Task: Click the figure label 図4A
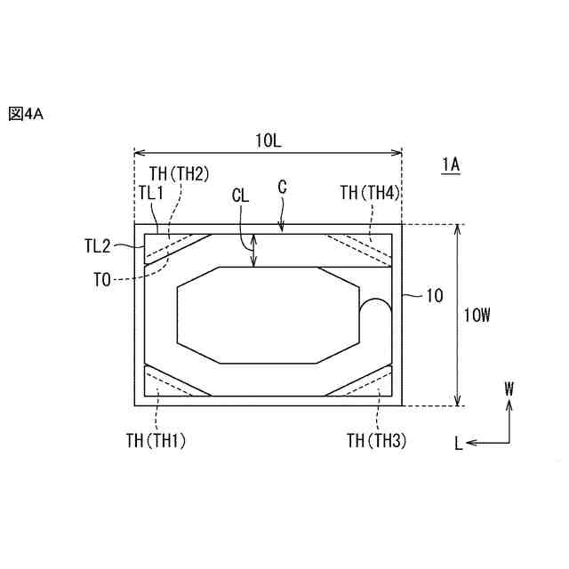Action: click(x=26, y=114)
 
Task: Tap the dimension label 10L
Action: click(x=268, y=140)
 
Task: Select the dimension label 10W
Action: click(x=477, y=315)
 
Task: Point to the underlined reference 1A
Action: click(x=451, y=165)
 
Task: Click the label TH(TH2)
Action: click(x=180, y=174)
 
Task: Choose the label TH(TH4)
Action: click(x=370, y=193)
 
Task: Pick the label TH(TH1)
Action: click(x=156, y=441)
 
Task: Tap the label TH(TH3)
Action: click(x=376, y=441)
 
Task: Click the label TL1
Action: click(x=151, y=193)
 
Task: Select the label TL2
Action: click(x=98, y=246)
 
